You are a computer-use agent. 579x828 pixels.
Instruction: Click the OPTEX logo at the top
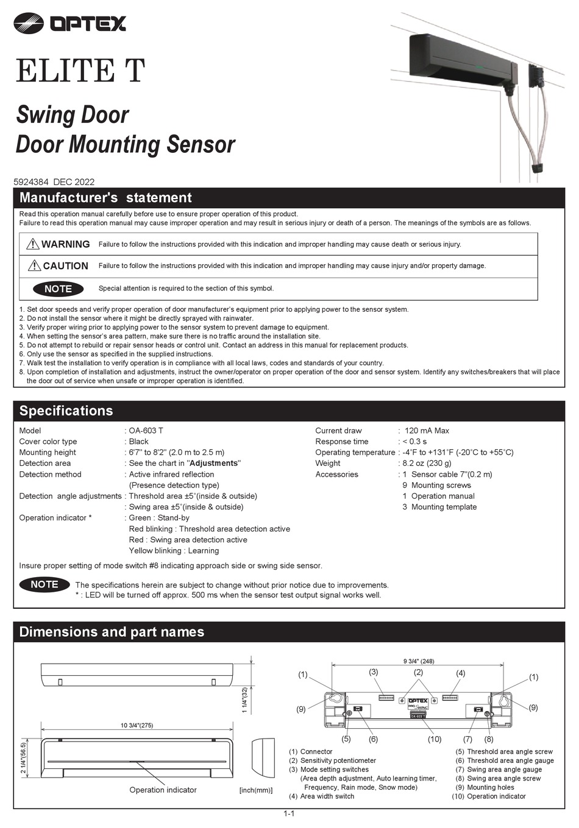(69, 23)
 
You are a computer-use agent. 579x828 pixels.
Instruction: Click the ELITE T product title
(80, 71)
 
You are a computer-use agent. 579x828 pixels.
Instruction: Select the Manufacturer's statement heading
(105, 198)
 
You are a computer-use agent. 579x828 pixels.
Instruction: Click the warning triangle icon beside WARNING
(33, 244)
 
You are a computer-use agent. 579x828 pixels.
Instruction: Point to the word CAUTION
(65, 266)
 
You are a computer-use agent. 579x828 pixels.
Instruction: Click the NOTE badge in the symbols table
(58, 289)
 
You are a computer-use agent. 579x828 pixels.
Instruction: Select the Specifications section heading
(66, 411)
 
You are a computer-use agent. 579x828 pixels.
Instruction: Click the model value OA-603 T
(146, 430)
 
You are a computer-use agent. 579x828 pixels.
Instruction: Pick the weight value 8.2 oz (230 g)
(427, 463)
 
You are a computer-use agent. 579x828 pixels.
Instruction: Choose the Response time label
(342, 441)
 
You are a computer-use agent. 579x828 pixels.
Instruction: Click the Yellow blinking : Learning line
(174, 550)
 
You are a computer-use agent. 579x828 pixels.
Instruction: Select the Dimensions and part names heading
(112, 632)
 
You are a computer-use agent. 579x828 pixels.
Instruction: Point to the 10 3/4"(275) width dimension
(137, 725)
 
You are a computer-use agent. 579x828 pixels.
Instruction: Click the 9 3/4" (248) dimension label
(419, 661)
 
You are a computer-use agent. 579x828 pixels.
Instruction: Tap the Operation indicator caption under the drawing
(163, 790)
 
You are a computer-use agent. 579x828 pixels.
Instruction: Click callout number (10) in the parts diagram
(434, 739)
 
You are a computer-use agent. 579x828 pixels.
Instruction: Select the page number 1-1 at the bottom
(289, 814)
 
